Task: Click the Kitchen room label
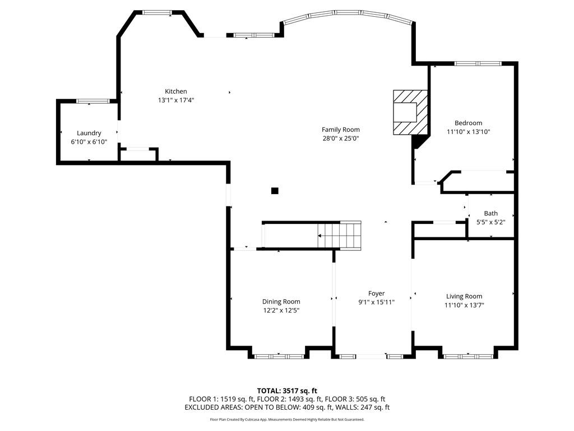click(175, 91)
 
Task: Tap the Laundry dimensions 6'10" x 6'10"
click(89, 142)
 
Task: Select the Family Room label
click(340, 130)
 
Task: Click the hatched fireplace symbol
click(410, 112)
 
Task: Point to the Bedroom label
click(468, 123)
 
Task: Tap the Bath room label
click(490, 213)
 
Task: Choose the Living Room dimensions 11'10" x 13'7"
click(464, 305)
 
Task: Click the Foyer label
click(376, 294)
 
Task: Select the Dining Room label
click(281, 301)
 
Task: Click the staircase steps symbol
click(340, 235)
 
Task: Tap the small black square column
click(275, 191)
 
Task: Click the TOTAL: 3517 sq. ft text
click(287, 391)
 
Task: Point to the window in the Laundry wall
click(92, 101)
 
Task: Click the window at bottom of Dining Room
click(279, 356)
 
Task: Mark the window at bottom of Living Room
click(468, 356)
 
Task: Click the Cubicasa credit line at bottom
click(287, 419)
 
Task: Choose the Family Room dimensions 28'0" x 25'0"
click(340, 139)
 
